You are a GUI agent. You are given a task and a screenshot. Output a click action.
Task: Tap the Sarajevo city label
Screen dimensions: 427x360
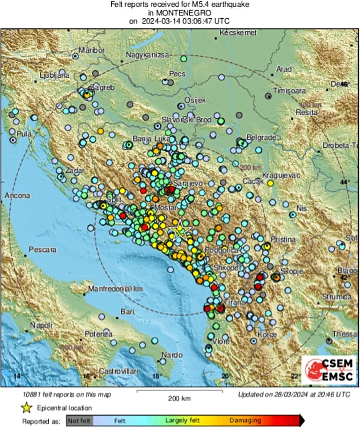(188, 183)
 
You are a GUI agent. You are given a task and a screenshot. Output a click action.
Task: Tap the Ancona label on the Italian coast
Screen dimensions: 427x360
(17, 196)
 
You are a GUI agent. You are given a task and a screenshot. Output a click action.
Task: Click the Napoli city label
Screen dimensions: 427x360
(41, 325)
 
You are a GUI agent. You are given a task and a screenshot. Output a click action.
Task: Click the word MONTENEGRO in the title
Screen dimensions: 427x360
(180, 13)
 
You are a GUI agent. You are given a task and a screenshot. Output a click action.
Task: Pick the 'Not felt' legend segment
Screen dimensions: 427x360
(79, 421)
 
